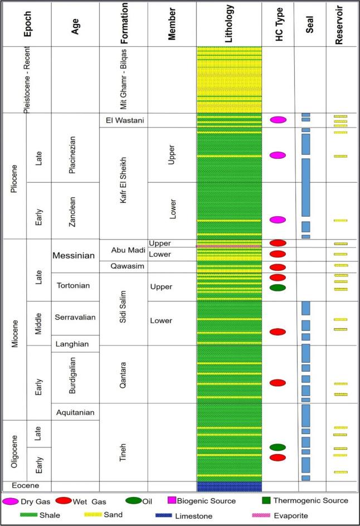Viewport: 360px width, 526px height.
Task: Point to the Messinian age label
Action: [x=75, y=256]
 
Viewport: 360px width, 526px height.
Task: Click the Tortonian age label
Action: [x=75, y=286]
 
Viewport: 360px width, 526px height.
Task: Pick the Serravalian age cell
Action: [x=75, y=318]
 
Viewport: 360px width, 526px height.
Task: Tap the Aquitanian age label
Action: [x=75, y=412]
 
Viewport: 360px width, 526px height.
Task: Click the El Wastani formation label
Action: [x=123, y=120]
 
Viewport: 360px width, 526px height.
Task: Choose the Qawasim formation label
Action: [x=123, y=266]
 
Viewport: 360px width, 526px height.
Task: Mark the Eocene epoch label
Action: [x=25, y=486]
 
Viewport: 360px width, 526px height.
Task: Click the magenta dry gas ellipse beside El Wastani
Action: [x=278, y=120]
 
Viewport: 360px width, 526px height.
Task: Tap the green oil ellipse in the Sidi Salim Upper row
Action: [x=278, y=288]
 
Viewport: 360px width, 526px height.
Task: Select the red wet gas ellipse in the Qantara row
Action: [x=278, y=383]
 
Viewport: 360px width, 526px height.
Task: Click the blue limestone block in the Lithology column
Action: [x=229, y=486]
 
